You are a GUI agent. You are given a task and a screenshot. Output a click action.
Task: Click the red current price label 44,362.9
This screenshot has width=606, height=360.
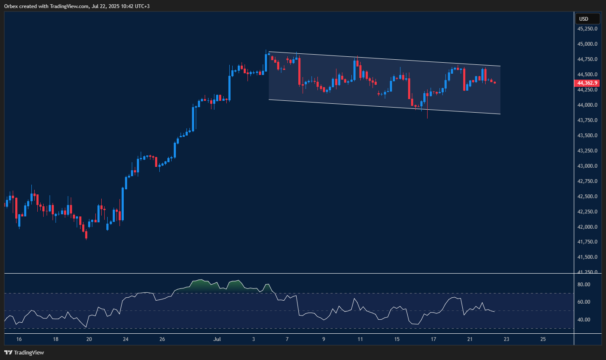[x=587, y=83]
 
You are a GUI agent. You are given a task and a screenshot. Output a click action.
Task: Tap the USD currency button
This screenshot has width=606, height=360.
[x=587, y=19]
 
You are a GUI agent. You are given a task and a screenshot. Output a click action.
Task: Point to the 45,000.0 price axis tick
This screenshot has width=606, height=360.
[x=587, y=44]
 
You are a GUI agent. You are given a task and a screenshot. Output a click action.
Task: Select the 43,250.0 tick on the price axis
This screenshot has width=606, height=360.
[x=587, y=151]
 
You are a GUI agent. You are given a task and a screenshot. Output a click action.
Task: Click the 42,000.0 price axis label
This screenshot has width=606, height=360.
[x=587, y=227]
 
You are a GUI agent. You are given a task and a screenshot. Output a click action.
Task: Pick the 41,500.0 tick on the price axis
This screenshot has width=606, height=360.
[x=587, y=257]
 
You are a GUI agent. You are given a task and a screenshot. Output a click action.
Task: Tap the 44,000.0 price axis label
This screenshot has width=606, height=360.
[x=587, y=105]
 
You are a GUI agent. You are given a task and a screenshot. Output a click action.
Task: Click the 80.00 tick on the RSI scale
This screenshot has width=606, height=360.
[x=584, y=285]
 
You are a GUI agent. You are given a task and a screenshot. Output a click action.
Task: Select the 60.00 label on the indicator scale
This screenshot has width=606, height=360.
[x=584, y=302]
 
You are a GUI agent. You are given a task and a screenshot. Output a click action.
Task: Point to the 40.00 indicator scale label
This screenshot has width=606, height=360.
[x=584, y=320]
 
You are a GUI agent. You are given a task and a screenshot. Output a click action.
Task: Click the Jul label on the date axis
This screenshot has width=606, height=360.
[x=217, y=339]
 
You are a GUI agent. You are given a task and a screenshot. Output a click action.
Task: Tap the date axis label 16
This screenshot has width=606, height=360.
[x=19, y=339]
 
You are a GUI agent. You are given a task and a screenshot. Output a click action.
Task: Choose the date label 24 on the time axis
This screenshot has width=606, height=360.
[x=125, y=339]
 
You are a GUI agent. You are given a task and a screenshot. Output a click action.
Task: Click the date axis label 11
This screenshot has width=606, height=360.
[x=360, y=339]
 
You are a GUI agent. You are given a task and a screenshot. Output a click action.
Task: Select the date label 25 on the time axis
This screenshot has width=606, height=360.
[x=543, y=339]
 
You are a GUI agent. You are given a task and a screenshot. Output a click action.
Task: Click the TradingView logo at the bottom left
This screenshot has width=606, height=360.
[x=24, y=352]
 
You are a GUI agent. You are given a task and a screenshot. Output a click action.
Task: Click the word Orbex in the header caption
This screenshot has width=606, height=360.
[x=11, y=6]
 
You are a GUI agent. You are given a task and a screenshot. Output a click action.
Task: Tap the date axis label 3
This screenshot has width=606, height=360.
[x=253, y=339]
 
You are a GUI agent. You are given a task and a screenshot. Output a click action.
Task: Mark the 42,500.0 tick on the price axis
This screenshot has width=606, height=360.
[x=587, y=197]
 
